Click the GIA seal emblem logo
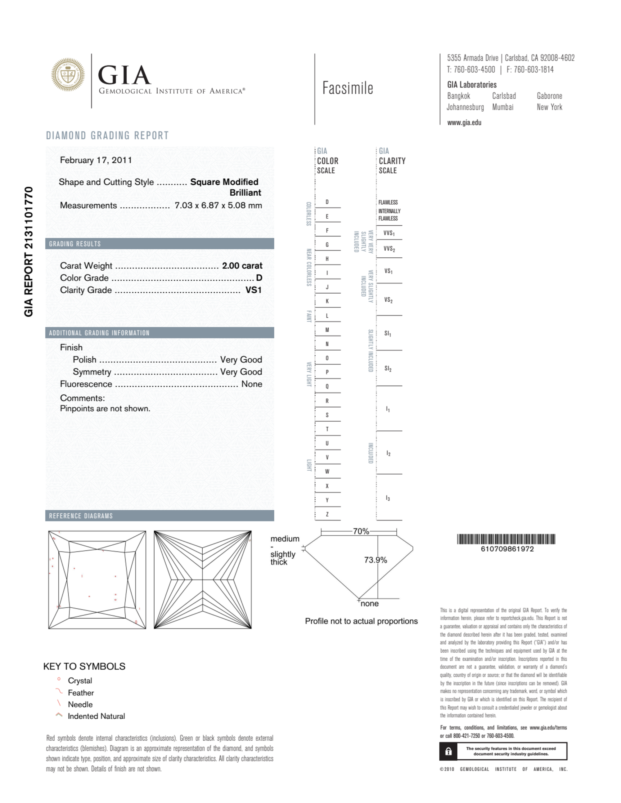[68, 75]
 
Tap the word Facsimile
[348, 88]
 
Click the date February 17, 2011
[96, 160]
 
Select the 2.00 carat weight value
[242, 265]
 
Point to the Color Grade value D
[259, 278]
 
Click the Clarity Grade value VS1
[253, 290]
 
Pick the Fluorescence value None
[251, 384]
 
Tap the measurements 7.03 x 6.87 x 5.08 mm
[218, 205]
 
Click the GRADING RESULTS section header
[75, 244]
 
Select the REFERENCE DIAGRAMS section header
[81, 516]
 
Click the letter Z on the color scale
[327, 514]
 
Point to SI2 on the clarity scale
[388, 368]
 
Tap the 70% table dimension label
[361, 531]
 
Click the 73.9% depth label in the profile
[376, 560]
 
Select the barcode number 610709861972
[507, 549]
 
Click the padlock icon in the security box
[448, 751]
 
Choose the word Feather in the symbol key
[81, 693]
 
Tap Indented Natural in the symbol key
[96, 716]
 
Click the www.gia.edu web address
[464, 123]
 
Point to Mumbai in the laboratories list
[502, 107]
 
